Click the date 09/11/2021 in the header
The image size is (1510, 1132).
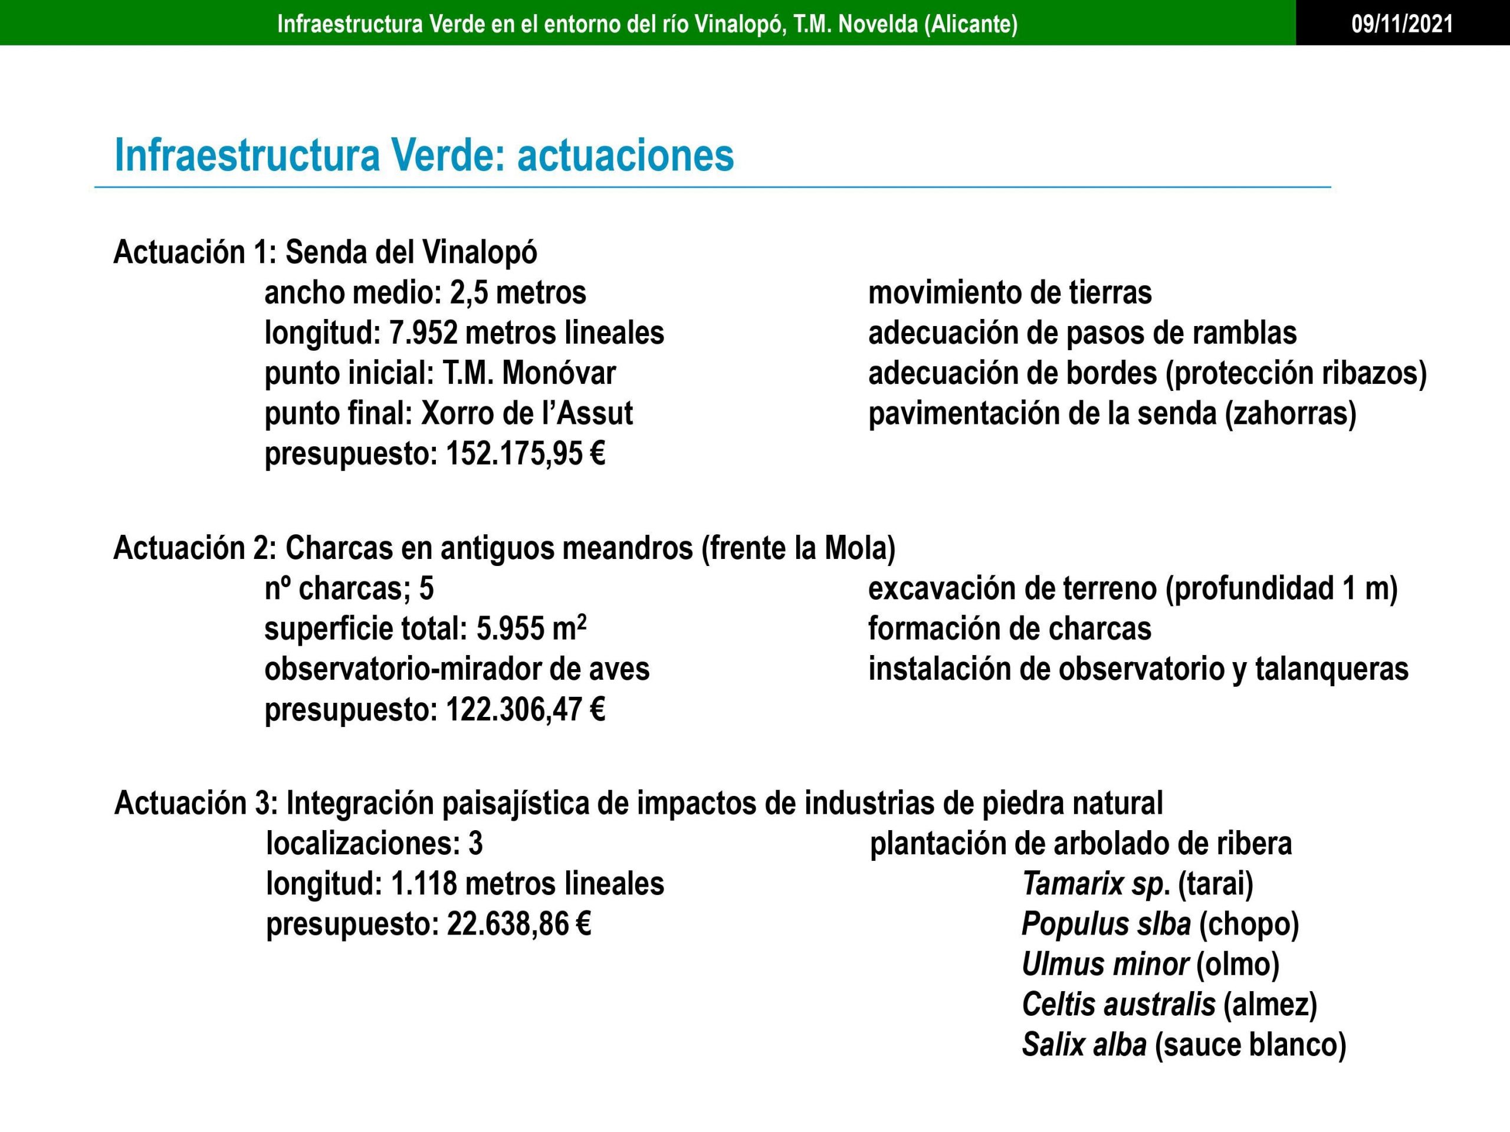1402,25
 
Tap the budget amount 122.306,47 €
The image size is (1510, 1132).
525,710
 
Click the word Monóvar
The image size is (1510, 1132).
559,373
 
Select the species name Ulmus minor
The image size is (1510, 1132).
1105,965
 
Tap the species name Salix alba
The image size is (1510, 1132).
1084,1045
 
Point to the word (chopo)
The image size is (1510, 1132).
1249,924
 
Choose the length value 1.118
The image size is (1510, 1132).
424,884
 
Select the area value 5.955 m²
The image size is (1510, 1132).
531,628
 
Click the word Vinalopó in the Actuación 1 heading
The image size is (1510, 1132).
480,252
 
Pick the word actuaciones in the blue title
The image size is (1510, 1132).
625,156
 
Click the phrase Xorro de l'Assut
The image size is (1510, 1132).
526,413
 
